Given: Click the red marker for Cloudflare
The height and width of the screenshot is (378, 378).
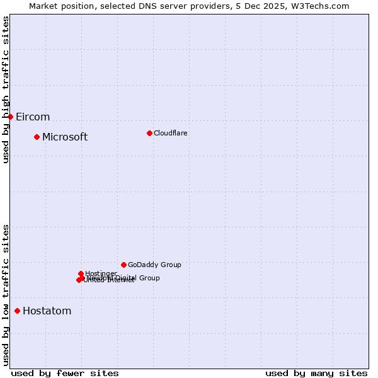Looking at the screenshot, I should [x=149, y=133].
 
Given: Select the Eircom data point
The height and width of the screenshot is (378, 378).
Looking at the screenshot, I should [x=10, y=117].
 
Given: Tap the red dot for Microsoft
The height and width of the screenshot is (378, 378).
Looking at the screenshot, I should [x=37, y=137].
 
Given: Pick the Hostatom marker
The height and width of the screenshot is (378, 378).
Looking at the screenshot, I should [x=17, y=311].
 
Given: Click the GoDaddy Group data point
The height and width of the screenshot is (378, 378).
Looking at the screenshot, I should [x=123, y=265].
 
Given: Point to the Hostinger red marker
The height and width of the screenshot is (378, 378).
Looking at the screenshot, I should [x=81, y=273].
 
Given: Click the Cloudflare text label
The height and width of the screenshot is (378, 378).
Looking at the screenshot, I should [x=170, y=133].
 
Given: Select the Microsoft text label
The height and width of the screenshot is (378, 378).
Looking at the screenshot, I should [x=65, y=137].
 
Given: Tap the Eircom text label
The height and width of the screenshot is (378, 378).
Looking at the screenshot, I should [x=33, y=117].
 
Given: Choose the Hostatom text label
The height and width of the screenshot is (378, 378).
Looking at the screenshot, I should [x=47, y=311].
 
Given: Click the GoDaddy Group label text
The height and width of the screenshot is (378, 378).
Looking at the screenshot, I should [x=154, y=265].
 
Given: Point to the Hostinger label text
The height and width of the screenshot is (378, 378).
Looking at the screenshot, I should [x=101, y=273].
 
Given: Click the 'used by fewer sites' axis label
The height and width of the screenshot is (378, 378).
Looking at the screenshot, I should [x=65, y=373].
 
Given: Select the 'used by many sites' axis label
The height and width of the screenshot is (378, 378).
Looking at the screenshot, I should [x=316, y=373].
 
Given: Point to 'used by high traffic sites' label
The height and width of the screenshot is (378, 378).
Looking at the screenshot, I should [x=6, y=89].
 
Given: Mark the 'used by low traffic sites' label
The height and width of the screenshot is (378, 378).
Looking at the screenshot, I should [x=6, y=295].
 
